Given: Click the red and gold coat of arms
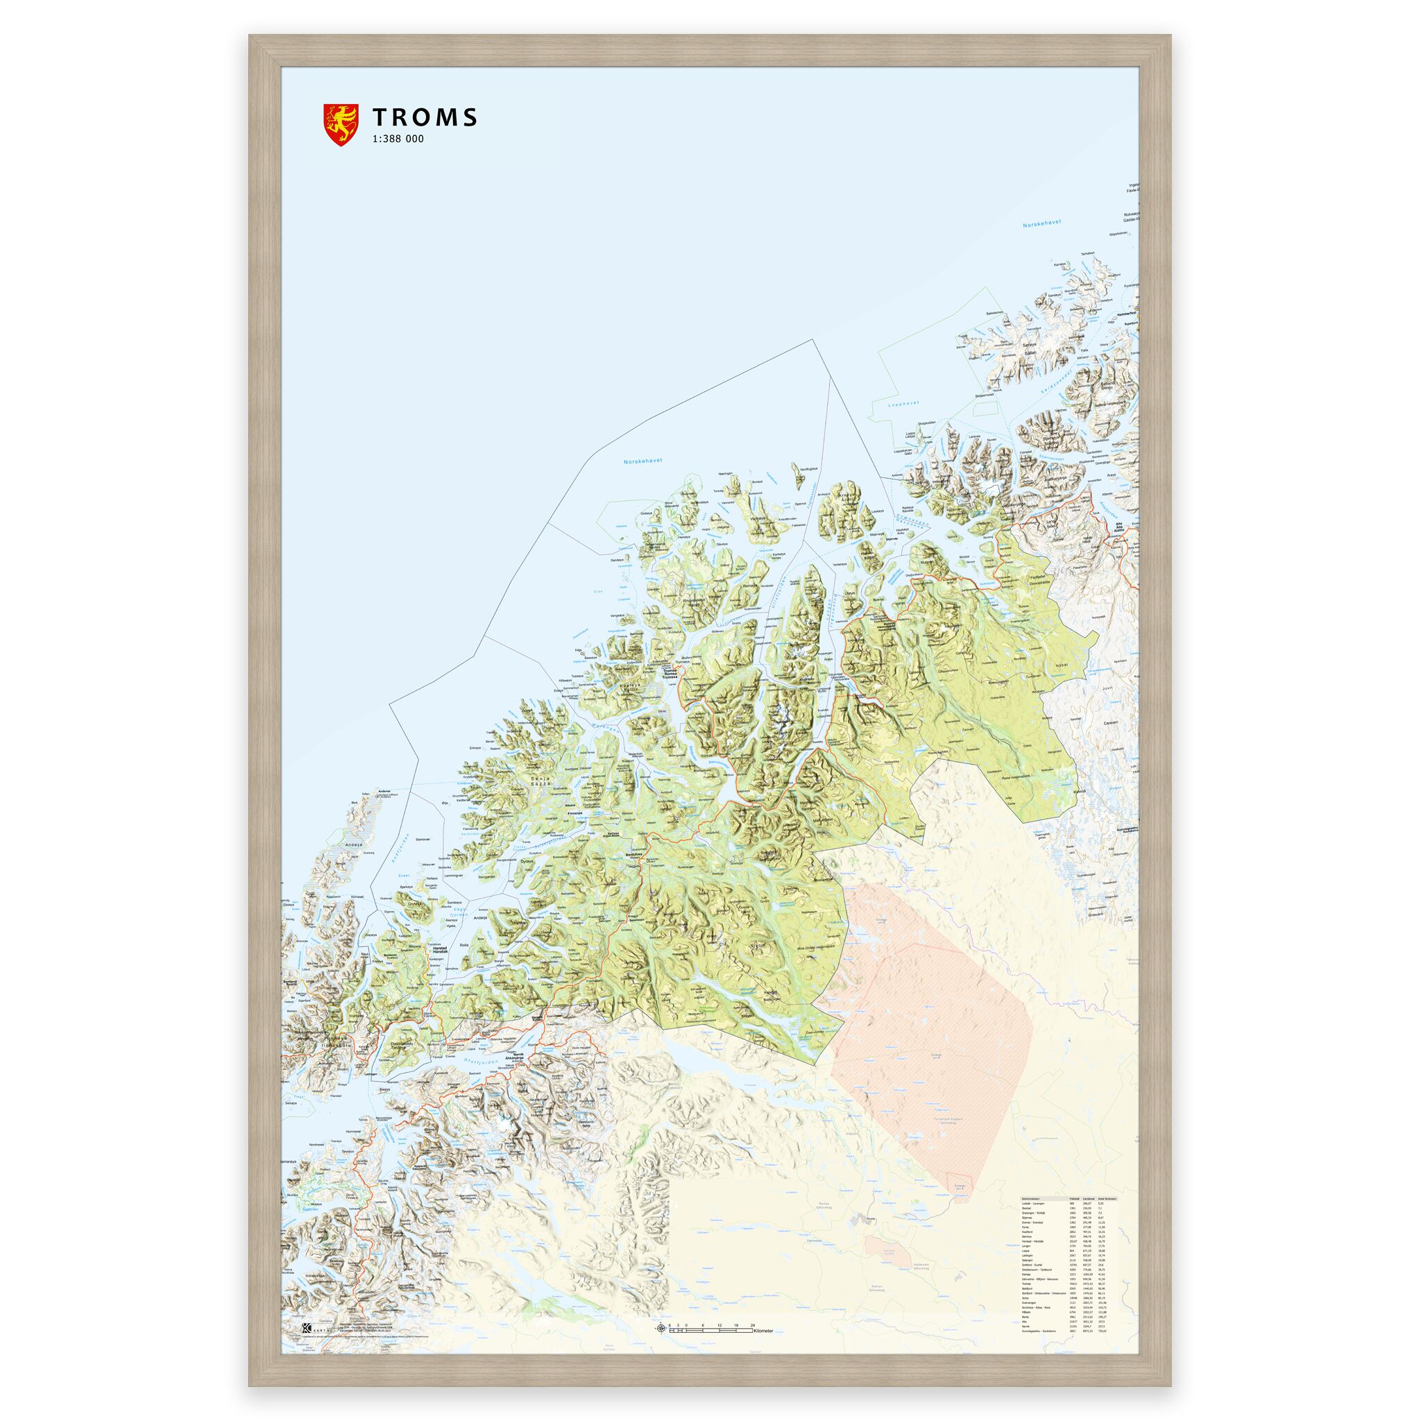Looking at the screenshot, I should tap(341, 124).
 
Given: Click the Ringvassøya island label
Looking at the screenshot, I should tap(690, 599).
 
